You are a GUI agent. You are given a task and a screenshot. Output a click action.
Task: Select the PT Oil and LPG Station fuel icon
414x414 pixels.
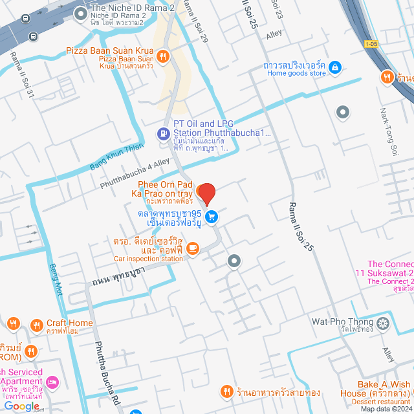click(x=162, y=134)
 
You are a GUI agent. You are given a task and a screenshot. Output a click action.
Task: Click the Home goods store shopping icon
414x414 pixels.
click(x=335, y=67)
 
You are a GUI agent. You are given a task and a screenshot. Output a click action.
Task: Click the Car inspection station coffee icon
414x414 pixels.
click(x=192, y=248)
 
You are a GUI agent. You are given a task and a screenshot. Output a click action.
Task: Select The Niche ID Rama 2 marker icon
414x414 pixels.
click(x=82, y=12)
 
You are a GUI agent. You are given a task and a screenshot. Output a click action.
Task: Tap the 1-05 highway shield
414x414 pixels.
click(x=371, y=44)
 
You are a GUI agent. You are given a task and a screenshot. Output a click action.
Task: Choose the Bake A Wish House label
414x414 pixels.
click(x=380, y=389)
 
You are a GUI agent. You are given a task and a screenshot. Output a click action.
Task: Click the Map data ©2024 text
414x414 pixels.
click(x=386, y=408)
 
